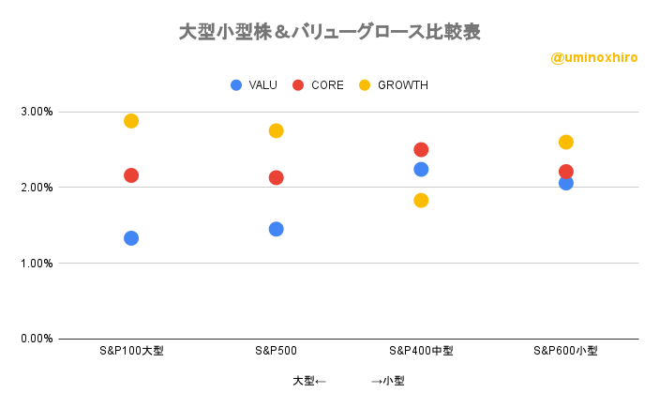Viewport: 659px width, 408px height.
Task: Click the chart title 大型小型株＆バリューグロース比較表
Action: [x=329, y=32]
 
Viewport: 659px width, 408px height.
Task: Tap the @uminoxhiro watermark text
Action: [x=593, y=58]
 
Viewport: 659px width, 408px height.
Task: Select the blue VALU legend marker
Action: [x=236, y=85]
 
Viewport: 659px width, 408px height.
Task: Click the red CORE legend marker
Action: [x=298, y=85]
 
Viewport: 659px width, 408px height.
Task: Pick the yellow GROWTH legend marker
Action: [x=365, y=85]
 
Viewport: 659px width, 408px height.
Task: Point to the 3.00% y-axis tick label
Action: [x=37, y=112]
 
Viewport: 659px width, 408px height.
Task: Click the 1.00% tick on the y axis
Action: [x=37, y=264]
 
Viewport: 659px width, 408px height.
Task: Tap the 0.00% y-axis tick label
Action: [x=37, y=339]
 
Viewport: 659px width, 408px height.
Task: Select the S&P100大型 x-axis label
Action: [x=131, y=351]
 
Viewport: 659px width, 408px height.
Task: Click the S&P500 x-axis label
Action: [x=276, y=351]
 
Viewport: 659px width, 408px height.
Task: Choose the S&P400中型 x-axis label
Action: [x=421, y=351]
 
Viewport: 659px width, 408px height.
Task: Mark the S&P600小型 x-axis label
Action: [x=565, y=351]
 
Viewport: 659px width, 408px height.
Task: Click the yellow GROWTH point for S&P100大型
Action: [x=131, y=121]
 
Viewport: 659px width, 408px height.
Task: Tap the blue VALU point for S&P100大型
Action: [x=131, y=238]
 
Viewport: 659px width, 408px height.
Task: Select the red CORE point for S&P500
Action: [x=277, y=177]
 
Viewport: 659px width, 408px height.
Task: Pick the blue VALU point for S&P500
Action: [x=277, y=229]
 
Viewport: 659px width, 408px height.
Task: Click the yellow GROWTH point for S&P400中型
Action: [x=421, y=200]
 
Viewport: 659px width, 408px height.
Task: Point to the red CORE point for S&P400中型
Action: [x=421, y=150]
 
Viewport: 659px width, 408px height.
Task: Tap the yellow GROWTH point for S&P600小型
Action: [x=566, y=143]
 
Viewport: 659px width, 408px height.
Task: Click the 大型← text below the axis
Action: [x=309, y=381]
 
